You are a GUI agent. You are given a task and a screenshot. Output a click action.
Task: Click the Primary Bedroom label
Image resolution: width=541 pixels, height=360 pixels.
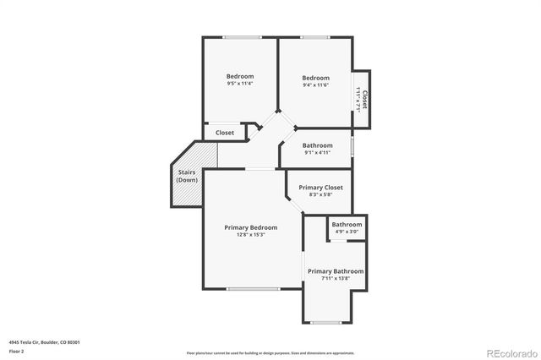coord(250,227)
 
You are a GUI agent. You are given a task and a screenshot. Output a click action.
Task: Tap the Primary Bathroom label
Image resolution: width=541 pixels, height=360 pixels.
coord(336,271)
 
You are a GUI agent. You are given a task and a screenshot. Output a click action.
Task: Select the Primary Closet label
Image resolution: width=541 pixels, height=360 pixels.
coord(320,187)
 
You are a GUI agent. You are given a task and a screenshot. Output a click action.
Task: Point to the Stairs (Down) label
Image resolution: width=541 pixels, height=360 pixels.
coord(187,177)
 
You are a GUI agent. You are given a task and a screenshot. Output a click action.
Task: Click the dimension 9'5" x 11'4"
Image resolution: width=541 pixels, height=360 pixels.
coord(240,84)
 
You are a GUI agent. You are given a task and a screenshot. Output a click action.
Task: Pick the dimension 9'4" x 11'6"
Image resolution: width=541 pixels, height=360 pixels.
coord(315,84)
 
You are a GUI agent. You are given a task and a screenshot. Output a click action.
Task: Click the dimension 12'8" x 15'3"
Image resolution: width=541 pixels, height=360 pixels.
coord(250,235)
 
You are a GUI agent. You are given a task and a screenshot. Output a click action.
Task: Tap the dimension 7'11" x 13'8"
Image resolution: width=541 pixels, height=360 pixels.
coord(336,279)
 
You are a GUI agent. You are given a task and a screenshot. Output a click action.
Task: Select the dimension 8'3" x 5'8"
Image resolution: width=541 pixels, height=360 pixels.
coord(320,194)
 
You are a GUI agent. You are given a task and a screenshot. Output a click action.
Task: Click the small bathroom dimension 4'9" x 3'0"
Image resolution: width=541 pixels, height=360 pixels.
coord(347,231)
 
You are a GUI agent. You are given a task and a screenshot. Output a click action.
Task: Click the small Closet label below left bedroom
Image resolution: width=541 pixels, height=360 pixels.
coord(225,133)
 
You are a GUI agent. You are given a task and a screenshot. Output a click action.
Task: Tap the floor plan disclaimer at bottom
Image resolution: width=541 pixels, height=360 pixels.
coord(270,352)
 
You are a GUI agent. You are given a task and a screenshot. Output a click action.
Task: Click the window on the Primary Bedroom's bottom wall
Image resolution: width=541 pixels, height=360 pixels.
coord(253,289)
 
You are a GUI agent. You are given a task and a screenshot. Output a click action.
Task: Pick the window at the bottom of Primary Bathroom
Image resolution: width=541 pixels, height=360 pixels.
coord(325,322)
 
